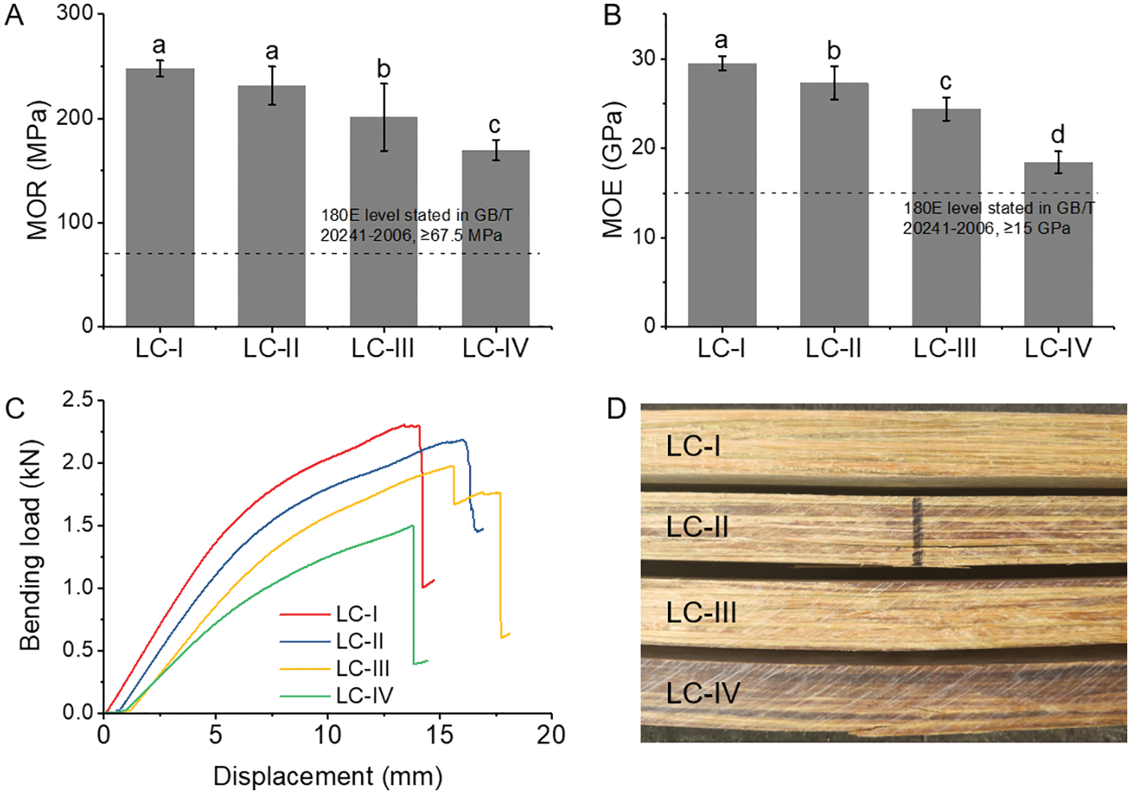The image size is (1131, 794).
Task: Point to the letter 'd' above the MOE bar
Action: click(1058, 135)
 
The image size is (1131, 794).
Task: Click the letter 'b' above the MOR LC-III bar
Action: click(384, 69)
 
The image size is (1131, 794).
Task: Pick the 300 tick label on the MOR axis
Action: click(74, 14)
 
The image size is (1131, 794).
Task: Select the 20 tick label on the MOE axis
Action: click(643, 148)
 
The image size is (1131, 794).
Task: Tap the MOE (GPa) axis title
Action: click(613, 170)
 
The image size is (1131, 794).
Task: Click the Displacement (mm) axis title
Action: click(328, 776)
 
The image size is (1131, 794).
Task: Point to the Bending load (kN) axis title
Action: click(30, 544)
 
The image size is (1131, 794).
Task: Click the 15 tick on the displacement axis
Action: click(439, 735)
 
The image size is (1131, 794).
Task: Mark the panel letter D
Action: click(616, 409)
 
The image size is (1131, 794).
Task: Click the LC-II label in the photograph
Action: click(697, 527)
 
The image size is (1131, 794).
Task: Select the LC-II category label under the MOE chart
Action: click(833, 348)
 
